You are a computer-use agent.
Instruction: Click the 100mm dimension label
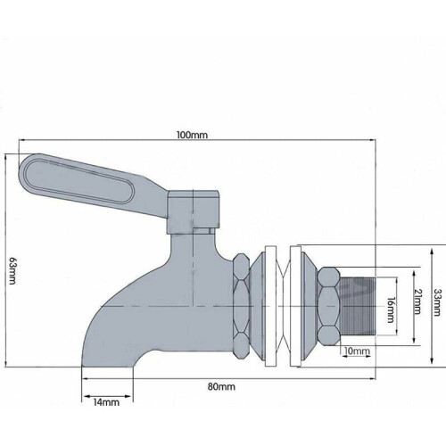coord(192,135)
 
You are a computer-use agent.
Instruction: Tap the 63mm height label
coord(12,270)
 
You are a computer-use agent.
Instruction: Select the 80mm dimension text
coord(221,386)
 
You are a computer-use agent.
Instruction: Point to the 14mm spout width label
coord(106,402)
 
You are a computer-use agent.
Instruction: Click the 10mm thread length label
coord(357,351)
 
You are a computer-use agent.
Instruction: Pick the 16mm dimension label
coord(391,310)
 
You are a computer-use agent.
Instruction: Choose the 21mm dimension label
coord(417,301)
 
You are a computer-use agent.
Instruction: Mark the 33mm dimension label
coord(436,302)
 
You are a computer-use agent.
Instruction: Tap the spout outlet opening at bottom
coord(107,366)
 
